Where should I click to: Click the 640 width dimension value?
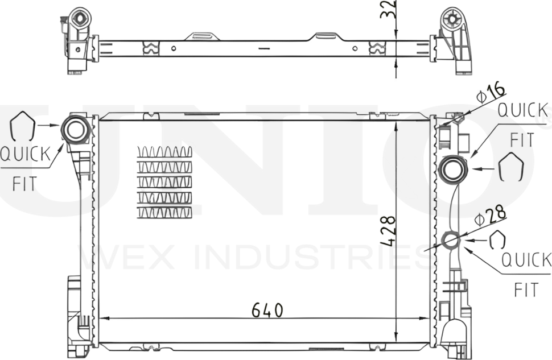pos(267,310)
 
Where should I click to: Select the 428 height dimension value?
pos(388,230)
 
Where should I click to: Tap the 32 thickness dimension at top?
pos(388,10)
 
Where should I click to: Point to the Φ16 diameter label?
pos(490,92)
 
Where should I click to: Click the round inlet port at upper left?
pos(75,129)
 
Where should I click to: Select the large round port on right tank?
pos(454,169)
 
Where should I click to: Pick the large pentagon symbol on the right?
pos(510,167)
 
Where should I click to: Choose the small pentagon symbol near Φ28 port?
pos(497,240)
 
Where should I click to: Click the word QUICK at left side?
pos(25,154)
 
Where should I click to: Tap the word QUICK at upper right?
pos(522,110)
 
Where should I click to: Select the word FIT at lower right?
pos(526,290)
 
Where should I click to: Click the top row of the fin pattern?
pos(164,152)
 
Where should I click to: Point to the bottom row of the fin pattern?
pos(164,212)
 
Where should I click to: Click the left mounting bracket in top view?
pos(77,40)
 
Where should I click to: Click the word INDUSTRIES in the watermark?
pos(319,258)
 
